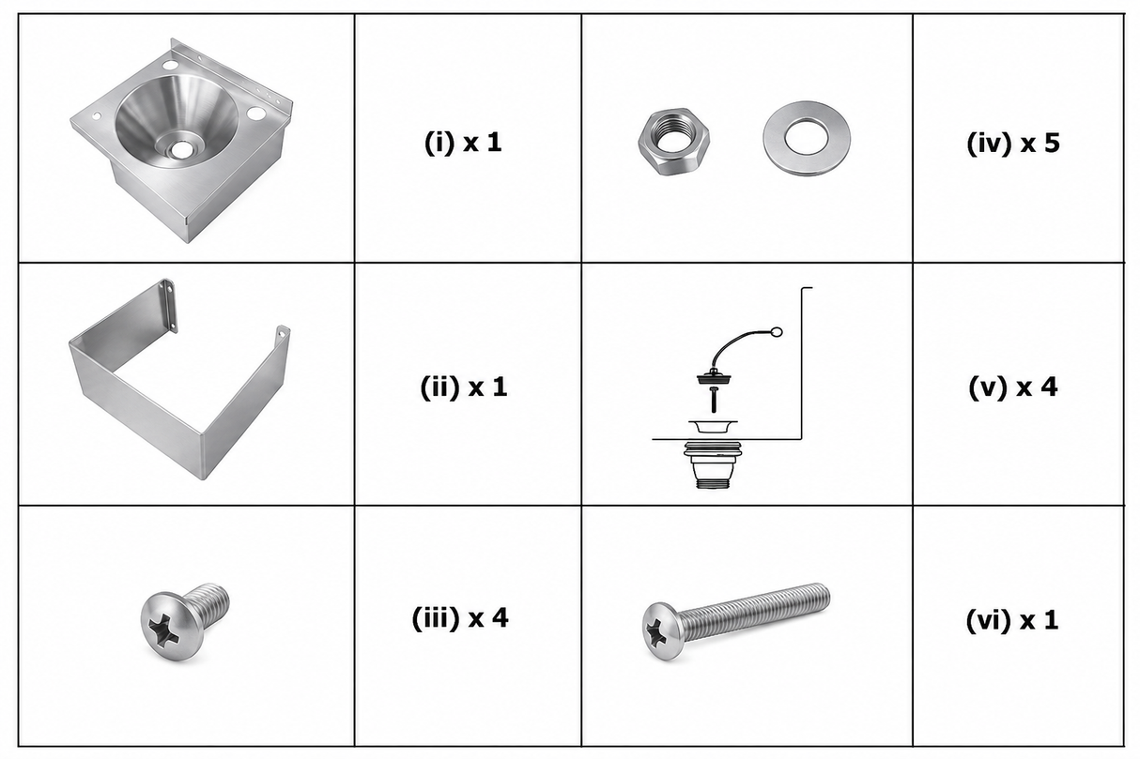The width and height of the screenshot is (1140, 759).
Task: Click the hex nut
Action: pos(673,142)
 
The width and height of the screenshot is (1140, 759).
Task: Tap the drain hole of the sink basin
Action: pos(180,149)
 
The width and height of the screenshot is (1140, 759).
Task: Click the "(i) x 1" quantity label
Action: pos(463,143)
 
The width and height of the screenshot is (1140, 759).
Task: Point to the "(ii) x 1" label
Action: pos(463,387)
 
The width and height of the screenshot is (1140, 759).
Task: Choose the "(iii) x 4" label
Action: pos(460,618)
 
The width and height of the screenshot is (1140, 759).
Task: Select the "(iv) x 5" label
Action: pos(1013,143)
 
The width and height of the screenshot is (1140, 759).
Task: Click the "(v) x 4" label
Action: pos(1013,387)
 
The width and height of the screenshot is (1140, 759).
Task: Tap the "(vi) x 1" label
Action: pos(1012,620)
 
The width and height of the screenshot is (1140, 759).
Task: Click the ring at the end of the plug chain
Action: pos(777,332)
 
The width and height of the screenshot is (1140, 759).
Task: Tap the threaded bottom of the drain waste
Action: pos(713,481)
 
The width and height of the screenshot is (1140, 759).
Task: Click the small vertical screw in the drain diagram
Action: pos(714,399)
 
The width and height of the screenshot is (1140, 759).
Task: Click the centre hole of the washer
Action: pos(806,136)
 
